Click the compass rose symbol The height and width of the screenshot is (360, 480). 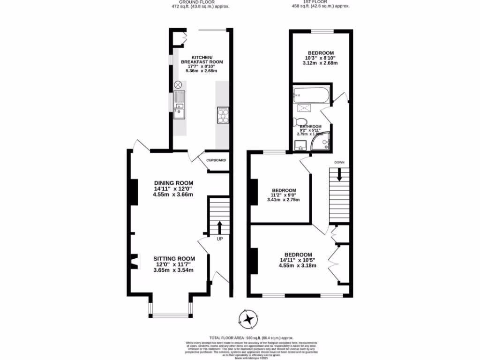(249, 319)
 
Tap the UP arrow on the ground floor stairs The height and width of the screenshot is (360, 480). (219, 228)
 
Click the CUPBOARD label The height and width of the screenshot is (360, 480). (216, 160)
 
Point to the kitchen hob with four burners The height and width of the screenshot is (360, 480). (222, 115)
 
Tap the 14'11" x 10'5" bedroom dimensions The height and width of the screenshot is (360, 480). (297, 260)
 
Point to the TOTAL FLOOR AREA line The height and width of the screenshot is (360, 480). (251, 337)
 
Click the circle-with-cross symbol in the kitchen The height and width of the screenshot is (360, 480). (178, 85)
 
